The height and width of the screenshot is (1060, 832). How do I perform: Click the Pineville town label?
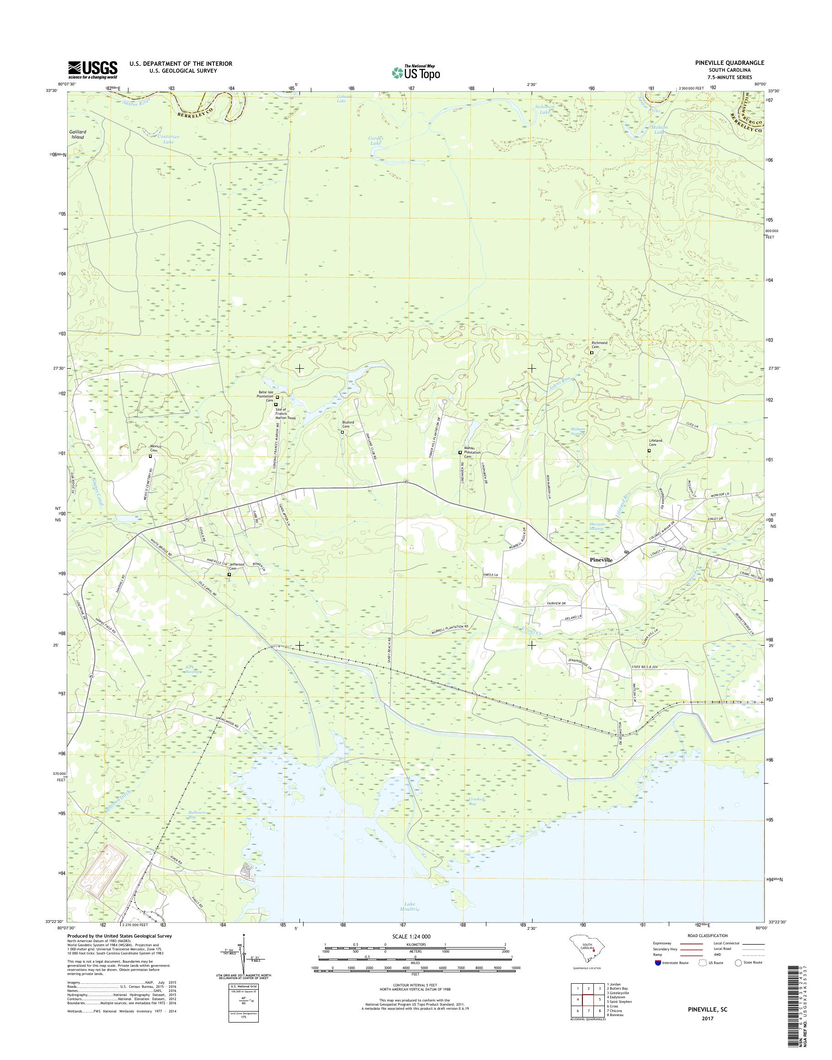pos(601,561)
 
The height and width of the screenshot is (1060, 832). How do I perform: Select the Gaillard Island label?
pos(78,134)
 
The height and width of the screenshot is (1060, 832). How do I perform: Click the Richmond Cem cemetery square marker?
pos(592,353)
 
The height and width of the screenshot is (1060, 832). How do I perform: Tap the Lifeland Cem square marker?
pos(649,451)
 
